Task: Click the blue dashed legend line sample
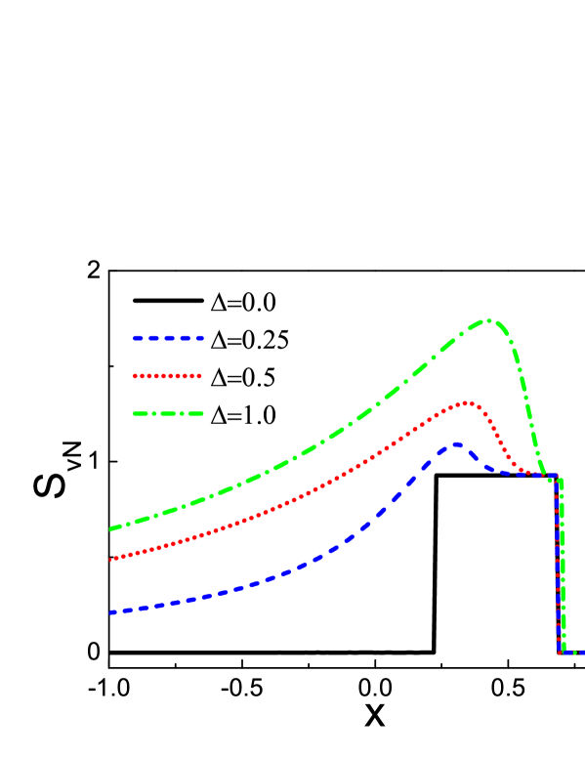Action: click(169, 338)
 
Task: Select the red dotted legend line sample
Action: click(168, 375)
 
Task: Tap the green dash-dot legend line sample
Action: click(169, 413)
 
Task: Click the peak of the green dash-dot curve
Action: click(488, 320)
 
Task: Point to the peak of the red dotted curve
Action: click(468, 401)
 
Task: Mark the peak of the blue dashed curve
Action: click(454, 444)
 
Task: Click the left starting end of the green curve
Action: click(112, 528)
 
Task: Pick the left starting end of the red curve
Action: click(112, 559)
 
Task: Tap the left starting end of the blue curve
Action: click(112, 612)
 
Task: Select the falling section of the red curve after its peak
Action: click(494, 436)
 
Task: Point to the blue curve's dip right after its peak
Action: click(493, 471)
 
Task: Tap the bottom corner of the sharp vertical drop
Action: click(561, 651)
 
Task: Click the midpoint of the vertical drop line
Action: click(559, 565)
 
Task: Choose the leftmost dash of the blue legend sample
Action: click(139, 338)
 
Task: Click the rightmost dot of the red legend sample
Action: click(199, 375)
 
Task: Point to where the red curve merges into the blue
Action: click(523, 474)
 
